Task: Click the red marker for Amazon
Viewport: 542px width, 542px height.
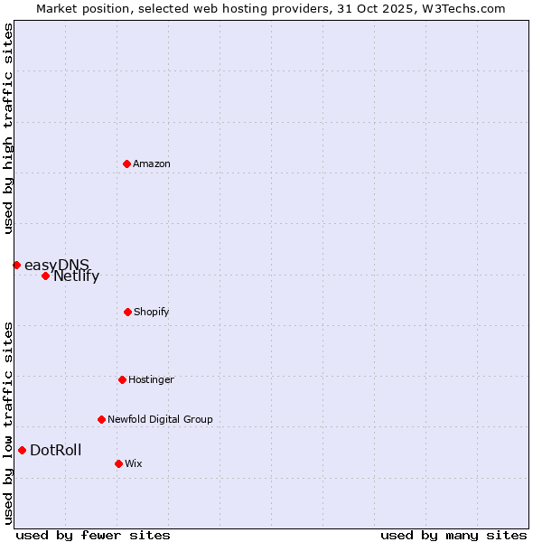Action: pyautogui.click(x=127, y=164)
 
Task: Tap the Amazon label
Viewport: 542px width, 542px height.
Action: pyautogui.click(x=152, y=164)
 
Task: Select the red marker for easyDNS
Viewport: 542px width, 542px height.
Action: pyautogui.click(x=16, y=265)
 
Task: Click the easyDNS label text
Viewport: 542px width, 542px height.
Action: pyautogui.click(x=56, y=265)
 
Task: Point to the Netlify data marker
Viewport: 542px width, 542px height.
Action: pyautogui.click(x=45, y=276)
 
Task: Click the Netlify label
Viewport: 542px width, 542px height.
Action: pyautogui.click(x=76, y=276)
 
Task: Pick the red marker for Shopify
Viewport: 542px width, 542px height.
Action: pyautogui.click(x=127, y=312)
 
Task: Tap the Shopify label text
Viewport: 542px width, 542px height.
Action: pyautogui.click(x=151, y=313)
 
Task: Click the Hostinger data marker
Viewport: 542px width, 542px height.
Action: pyautogui.click(x=122, y=379)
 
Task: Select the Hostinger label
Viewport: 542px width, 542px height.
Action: pyautogui.click(x=151, y=380)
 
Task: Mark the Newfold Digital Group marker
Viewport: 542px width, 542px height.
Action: pyautogui.click(x=101, y=419)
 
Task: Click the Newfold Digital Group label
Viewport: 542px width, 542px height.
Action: pyautogui.click(x=160, y=420)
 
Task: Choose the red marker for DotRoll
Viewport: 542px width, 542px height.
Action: pyautogui.click(x=22, y=450)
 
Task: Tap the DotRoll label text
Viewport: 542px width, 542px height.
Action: pyautogui.click(x=55, y=451)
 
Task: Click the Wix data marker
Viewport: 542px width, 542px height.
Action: pyautogui.click(x=118, y=463)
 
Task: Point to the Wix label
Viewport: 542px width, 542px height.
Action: pyautogui.click(x=134, y=464)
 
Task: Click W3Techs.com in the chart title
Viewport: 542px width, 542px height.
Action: pyautogui.click(x=463, y=8)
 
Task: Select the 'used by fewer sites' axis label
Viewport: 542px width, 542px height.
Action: pyautogui.click(x=93, y=536)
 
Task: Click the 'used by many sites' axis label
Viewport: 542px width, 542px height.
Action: pyautogui.click(x=453, y=536)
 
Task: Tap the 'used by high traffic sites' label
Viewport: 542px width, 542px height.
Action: pyautogui.click(x=8, y=128)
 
